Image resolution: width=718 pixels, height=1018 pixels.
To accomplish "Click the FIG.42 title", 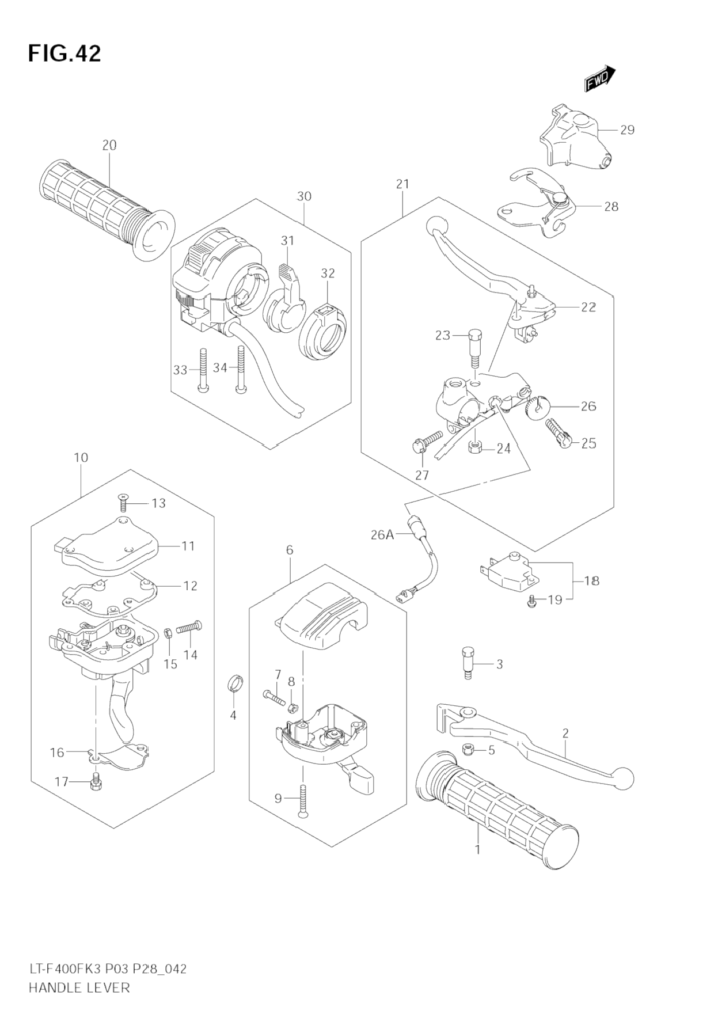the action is click(64, 54).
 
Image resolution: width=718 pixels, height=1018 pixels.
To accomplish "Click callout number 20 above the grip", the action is click(109, 145).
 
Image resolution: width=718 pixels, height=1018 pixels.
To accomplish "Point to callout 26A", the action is click(382, 535).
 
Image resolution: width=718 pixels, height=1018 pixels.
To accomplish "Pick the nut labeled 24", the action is click(476, 447).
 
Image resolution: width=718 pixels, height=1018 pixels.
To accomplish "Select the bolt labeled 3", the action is click(467, 663).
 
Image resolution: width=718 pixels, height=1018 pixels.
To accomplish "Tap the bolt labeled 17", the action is click(96, 781).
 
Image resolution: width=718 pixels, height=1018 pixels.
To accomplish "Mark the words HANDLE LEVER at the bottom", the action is click(79, 987).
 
